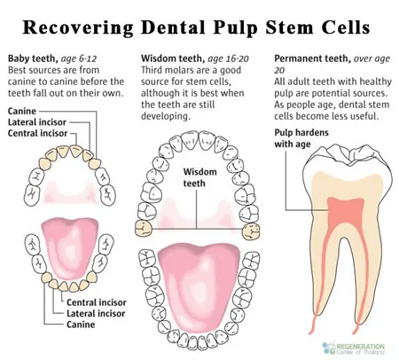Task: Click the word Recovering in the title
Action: [78, 27]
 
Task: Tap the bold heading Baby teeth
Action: [33, 59]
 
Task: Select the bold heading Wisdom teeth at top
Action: [173, 59]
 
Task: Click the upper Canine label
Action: [22, 111]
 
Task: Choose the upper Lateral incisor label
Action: [37, 122]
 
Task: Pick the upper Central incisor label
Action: [37, 133]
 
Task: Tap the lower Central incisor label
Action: [97, 302]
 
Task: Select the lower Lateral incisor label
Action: [96, 313]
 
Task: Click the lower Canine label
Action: [81, 325]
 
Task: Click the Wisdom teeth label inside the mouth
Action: [199, 177]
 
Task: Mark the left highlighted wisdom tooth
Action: [144, 229]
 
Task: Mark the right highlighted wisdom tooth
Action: [251, 231]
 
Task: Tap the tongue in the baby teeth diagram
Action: [70, 247]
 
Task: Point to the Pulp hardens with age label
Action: [301, 138]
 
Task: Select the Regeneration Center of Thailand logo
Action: [354, 348]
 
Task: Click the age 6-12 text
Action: [79, 59]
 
